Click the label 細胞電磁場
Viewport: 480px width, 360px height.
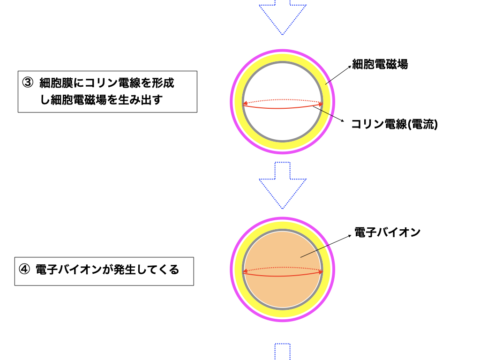380,65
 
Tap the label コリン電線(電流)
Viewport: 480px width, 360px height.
394,125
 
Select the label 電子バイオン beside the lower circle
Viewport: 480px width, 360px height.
387,232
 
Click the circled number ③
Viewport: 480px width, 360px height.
28,83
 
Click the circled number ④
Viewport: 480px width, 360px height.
24,270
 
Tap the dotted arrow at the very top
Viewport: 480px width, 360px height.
283,16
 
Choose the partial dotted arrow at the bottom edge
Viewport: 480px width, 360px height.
282,352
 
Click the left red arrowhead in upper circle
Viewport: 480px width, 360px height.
245,103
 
